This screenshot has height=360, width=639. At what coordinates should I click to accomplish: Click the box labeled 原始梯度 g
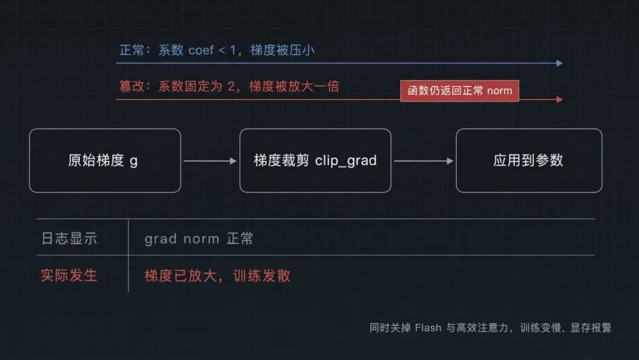[x=105, y=160]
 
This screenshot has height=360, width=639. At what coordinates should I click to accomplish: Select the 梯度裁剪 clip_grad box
[x=315, y=160]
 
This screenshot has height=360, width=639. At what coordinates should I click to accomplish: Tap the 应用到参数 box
[x=529, y=160]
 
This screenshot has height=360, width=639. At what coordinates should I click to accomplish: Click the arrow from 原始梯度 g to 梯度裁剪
[x=210, y=161]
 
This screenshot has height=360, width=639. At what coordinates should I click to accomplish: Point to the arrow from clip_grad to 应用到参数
[x=424, y=161]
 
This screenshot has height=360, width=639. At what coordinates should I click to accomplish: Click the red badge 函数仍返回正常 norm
[x=460, y=91]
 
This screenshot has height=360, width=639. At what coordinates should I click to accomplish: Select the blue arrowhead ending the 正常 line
[x=560, y=63]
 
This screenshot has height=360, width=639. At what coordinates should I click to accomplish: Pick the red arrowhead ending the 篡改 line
[x=560, y=99]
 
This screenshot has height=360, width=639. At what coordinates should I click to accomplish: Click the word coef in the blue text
[x=201, y=50]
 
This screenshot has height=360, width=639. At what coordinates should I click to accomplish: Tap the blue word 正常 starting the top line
[x=132, y=50]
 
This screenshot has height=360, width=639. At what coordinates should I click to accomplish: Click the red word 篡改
[x=131, y=86]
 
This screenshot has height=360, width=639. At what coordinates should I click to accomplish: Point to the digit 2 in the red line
[x=231, y=86]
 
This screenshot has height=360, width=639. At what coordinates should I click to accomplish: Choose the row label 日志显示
[x=69, y=239]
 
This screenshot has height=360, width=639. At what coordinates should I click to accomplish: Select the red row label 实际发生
[x=69, y=275]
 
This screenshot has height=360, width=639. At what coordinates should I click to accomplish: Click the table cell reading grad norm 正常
[x=199, y=239]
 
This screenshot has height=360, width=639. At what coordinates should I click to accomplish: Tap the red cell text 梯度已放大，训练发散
[x=218, y=276]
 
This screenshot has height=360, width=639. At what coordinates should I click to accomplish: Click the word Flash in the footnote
[x=428, y=328]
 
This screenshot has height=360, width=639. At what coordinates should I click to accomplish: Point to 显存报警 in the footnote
[x=591, y=328]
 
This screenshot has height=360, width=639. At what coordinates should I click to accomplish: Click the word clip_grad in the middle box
[x=346, y=161]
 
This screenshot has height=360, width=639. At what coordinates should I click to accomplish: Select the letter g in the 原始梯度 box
[x=134, y=162]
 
